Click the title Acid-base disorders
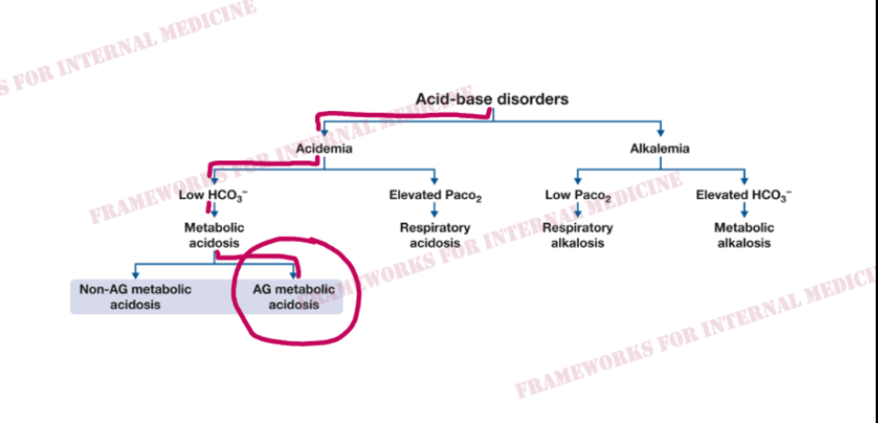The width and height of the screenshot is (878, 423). tap(492, 99)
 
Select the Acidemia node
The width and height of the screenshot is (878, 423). tap(324, 149)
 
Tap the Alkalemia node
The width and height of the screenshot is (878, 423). tap(660, 149)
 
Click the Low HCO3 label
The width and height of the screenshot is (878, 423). tap(214, 196)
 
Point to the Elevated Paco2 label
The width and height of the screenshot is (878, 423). tap(435, 197)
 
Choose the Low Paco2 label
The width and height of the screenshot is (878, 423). tap(578, 197)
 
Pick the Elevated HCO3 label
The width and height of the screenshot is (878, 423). tap(743, 196)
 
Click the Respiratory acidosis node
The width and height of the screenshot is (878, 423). tap(435, 236)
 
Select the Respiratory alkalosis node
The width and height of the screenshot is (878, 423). tap(578, 236)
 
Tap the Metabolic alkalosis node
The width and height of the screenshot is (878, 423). tap(743, 236)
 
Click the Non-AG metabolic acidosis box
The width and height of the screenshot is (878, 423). tap(135, 297)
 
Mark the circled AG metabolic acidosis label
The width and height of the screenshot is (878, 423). tap(294, 297)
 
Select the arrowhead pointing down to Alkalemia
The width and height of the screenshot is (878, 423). tap(660, 132)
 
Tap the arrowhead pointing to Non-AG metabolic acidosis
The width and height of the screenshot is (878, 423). tap(135, 275)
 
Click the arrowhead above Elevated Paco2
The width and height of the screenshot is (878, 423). tap(434, 181)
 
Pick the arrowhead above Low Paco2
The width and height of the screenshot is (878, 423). tap(578, 181)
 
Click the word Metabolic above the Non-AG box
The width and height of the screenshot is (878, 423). tap(214, 229)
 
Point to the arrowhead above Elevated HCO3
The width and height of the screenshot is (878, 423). tap(743, 181)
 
